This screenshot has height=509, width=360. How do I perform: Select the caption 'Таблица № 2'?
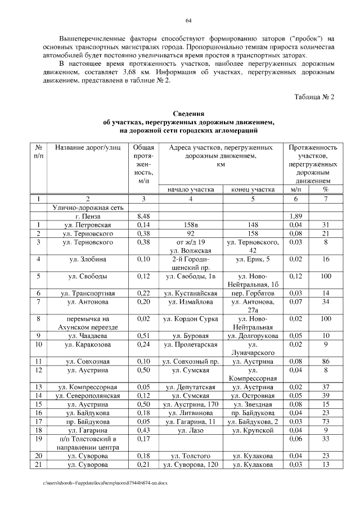tap(314, 96)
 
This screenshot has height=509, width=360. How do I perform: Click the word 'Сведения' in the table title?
tap(188, 114)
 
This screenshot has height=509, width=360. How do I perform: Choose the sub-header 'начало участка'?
tap(191, 190)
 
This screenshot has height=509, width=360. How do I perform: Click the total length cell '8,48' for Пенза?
tap(143, 216)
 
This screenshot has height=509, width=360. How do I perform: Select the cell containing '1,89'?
tap(295, 216)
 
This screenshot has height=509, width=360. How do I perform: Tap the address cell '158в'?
tap(191, 225)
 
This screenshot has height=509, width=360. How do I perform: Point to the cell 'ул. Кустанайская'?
tap(191, 294)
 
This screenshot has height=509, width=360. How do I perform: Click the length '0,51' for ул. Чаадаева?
tap(143, 336)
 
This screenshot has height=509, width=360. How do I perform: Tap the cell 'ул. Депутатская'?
tap(191, 388)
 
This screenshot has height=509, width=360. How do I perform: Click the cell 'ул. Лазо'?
tap(191, 430)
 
